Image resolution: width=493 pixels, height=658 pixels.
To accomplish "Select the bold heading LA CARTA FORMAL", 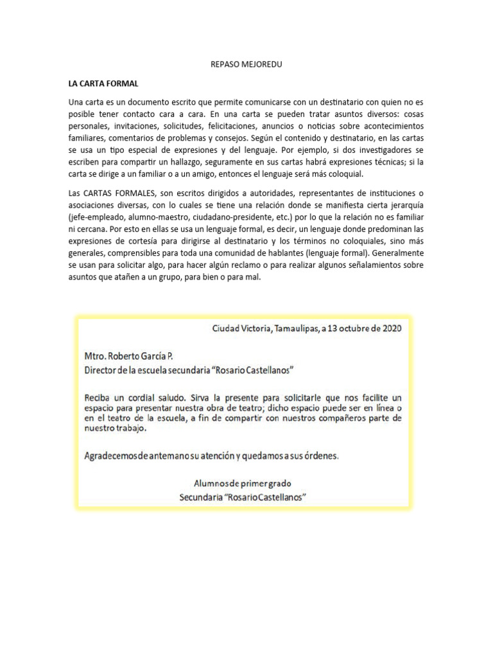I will (103, 84).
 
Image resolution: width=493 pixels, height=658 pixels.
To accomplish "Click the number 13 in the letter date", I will (334, 328).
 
